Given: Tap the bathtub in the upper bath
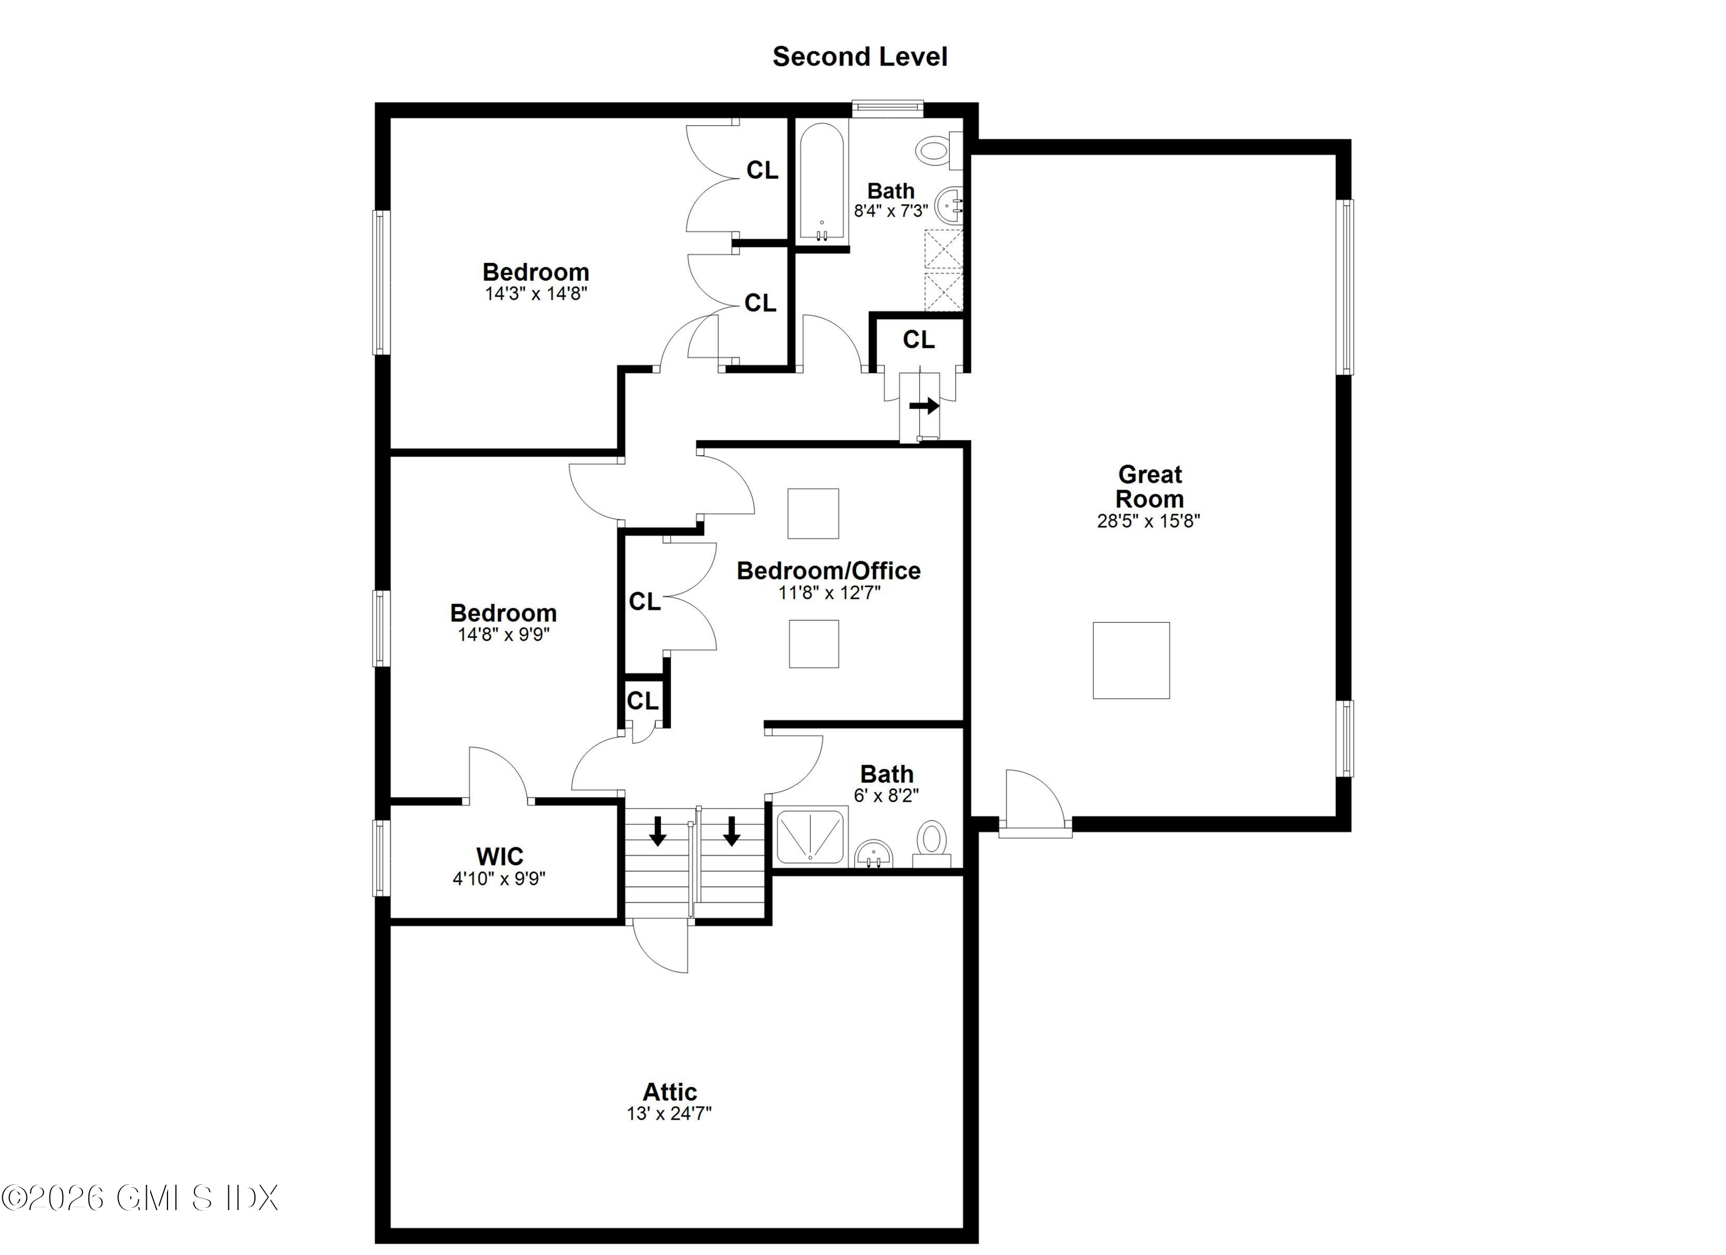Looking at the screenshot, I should [x=821, y=182].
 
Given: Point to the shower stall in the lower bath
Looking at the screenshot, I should [x=809, y=837].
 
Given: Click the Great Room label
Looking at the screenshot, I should [x=1149, y=487].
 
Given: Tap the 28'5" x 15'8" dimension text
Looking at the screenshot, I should [x=1148, y=521].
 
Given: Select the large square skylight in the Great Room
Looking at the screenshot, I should [x=1131, y=661].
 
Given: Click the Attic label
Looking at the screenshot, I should [x=670, y=1092].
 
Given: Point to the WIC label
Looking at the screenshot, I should [x=499, y=856].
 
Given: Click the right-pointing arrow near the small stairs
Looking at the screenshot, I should [x=924, y=406].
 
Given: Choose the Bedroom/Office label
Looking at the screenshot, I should [x=828, y=571].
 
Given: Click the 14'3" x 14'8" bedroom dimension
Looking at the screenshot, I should [x=536, y=294].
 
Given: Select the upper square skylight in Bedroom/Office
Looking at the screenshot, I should [x=813, y=514].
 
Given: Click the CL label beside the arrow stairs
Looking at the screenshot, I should [x=919, y=340].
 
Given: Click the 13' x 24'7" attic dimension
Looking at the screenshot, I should [x=669, y=1114].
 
